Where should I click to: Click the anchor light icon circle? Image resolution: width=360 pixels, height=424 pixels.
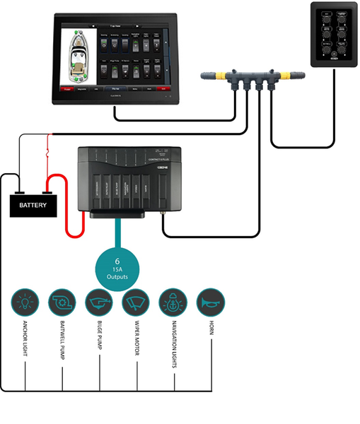(x=25, y=302)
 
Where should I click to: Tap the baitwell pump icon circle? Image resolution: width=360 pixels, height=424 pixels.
(x=62, y=302)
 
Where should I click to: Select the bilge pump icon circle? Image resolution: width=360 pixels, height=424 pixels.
(x=100, y=302)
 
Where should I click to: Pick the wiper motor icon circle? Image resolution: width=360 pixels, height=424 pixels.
(x=137, y=302)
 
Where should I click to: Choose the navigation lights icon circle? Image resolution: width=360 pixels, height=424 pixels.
(x=174, y=302)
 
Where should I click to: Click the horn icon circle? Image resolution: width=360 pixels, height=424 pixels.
(x=211, y=302)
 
